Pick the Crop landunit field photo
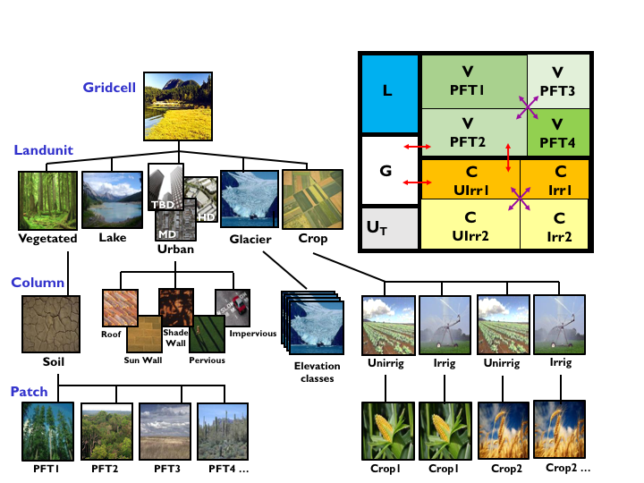pyautogui.click(x=306, y=199)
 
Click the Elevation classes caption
pyautogui.click(x=317, y=371)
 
